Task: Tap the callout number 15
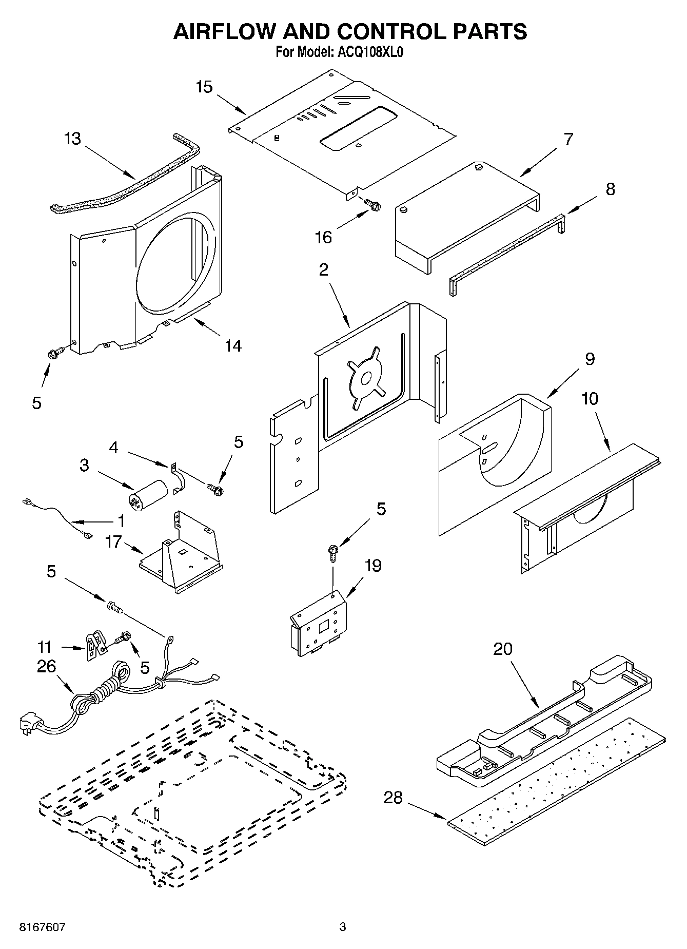pos(204,87)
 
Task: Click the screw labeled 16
pos(373,205)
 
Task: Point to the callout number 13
pos(73,139)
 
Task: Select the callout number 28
pos(394,798)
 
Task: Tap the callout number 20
pos(503,649)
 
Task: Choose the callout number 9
pos(590,358)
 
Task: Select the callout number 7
pos(568,139)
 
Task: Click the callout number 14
pos(233,346)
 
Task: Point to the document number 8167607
pos(43,927)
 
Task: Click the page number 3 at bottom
pos(342,927)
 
